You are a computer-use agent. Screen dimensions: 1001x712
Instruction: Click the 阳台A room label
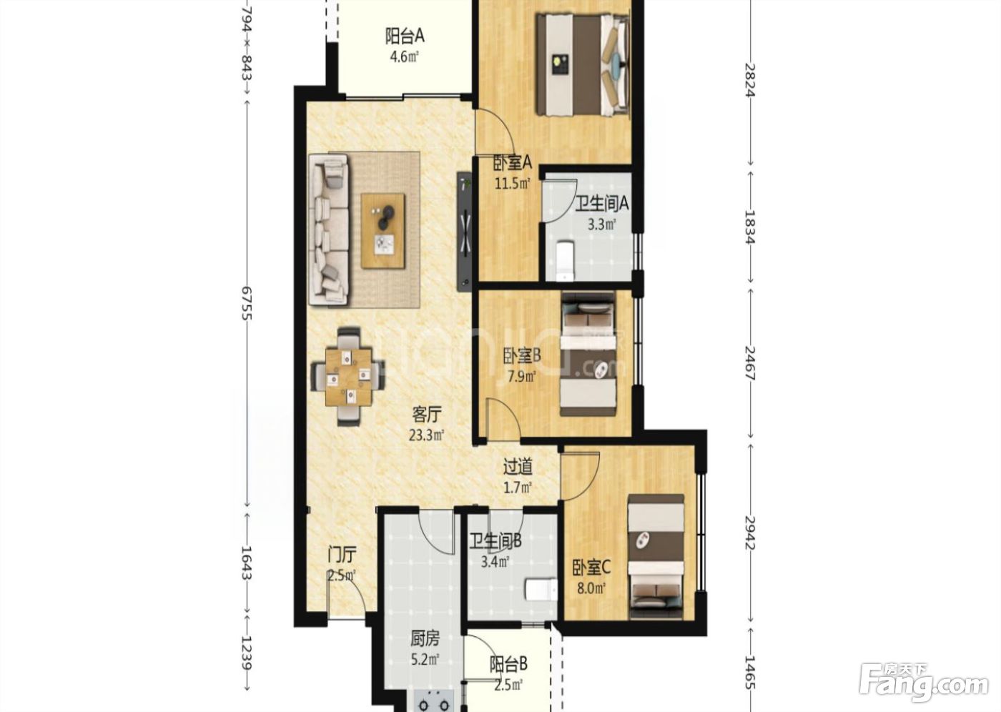click(x=405, y=36)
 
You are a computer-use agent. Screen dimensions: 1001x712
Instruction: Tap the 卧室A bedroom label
click(x=512, y=163)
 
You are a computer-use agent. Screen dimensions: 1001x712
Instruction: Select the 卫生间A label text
click(x=601, y=204)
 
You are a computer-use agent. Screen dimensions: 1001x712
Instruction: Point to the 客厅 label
click(x=426, y=415)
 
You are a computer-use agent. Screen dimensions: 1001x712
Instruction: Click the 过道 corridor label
click(x=518, y=468)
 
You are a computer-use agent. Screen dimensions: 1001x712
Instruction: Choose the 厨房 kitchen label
click(x=425, y=639)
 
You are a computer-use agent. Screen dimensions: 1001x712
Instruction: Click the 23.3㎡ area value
click(x=426, y=435)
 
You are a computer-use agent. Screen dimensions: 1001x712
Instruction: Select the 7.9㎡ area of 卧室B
click(x=521, y=377)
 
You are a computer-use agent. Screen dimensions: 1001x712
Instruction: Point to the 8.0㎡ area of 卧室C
click(x=591, y=588)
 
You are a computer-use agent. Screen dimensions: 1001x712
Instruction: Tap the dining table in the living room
click(x=349, y=377)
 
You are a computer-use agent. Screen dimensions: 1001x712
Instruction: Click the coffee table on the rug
click(x=383, y=231)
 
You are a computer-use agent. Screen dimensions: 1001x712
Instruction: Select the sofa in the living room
click(x=329, y=230)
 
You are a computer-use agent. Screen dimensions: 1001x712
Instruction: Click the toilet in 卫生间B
click(x=541, y=590)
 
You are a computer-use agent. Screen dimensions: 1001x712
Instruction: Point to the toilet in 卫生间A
click(x=565, y=261)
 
